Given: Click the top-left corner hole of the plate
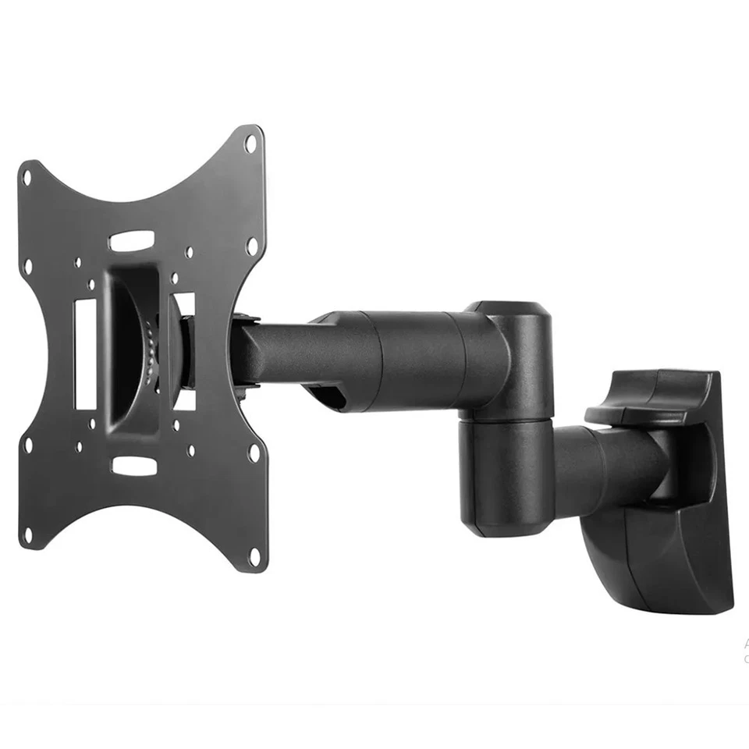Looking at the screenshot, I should (x=27, y=176).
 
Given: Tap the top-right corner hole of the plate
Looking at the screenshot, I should (x=250, y=144).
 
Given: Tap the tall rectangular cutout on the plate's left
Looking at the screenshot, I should (x=85, y=352).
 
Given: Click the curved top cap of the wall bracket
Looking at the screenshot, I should (x=651, y=394).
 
